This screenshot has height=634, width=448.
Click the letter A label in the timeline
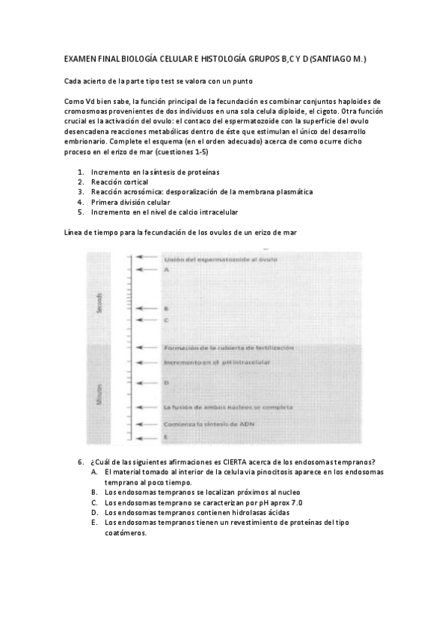click(x=166, y=268)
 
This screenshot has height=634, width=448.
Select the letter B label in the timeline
click(x=165, y=308)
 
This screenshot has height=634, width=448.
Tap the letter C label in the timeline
click(x=165, y=319)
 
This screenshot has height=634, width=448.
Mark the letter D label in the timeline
click(x=165, y=382)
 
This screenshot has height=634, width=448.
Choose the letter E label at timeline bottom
click(x=165, y=435)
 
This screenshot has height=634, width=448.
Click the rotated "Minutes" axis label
click(x=99, y=394)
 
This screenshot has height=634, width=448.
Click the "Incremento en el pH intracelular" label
click(x=216, y=362)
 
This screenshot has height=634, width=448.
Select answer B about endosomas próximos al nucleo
click(x=202, y=493)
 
